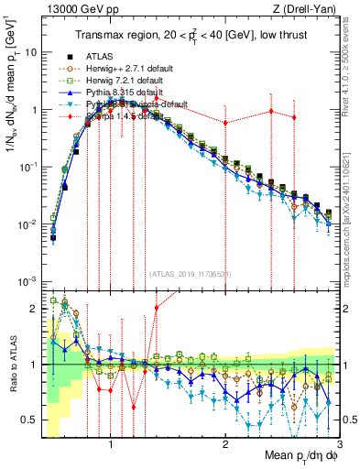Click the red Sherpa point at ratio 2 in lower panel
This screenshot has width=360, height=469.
[157, 308]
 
